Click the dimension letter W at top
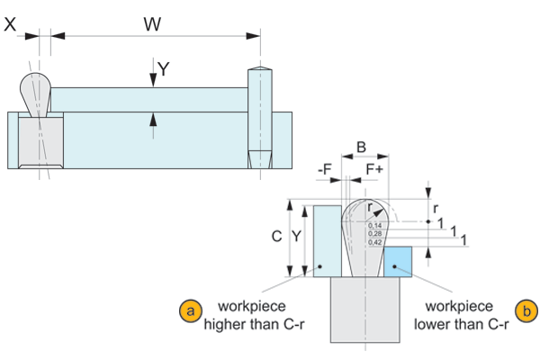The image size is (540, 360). pos(152,23)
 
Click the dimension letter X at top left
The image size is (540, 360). pos(10,26)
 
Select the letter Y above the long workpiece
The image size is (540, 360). pos(163,68)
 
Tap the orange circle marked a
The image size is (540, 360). pos(189,311)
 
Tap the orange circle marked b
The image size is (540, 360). pos(526,311)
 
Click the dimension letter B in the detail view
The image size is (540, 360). pos(361,147)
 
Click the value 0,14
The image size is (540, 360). pos(373,224)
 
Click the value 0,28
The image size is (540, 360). pos(373,232)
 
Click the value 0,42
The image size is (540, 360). pos(373,241)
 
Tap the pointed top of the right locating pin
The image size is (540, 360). pos(259,68)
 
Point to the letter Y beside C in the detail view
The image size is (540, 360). pos(297,237)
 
